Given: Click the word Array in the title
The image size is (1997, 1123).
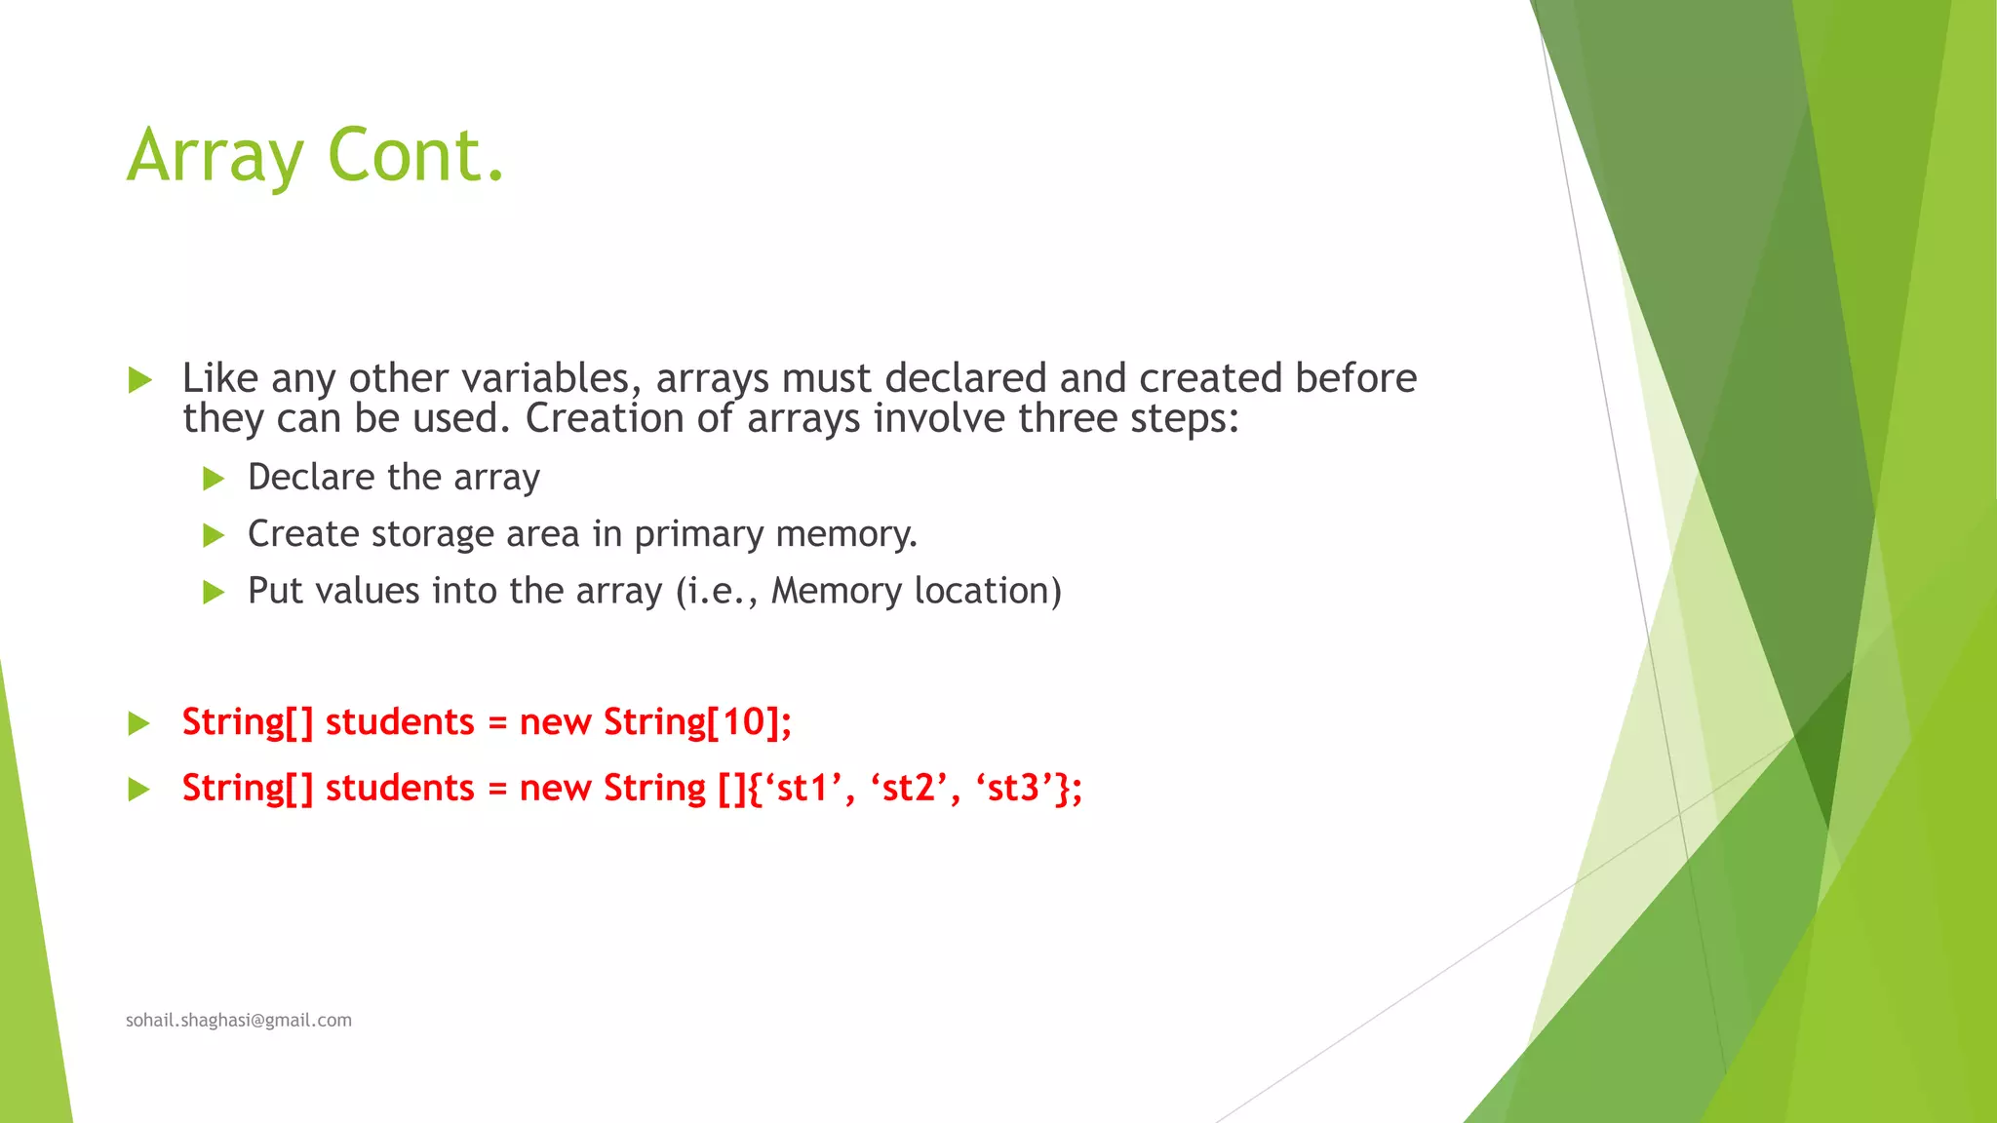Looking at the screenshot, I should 215,156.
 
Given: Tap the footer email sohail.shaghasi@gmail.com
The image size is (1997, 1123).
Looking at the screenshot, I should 239,1020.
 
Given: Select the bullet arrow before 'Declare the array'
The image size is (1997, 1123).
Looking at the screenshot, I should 214,479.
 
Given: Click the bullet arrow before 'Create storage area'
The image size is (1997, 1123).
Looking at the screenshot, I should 214,535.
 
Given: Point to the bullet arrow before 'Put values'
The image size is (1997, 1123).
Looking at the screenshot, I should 214,592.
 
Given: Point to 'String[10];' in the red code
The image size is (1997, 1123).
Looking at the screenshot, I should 697,722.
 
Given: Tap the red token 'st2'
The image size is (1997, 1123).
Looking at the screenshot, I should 907,788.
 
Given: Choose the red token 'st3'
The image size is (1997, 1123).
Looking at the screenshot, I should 1013,788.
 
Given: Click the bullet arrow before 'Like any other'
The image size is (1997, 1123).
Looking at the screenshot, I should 139,380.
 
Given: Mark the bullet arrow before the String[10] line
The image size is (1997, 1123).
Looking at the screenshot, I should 139,723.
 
